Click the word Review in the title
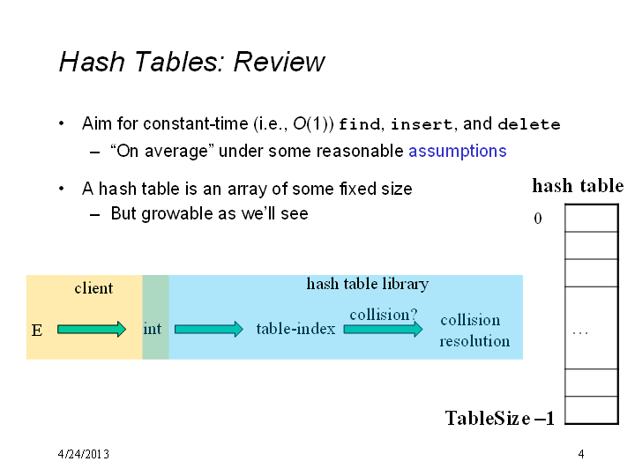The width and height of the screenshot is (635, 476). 279,62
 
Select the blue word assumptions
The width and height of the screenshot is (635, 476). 457,152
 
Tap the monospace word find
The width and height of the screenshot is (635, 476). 360,124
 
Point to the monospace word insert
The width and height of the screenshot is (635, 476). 422,124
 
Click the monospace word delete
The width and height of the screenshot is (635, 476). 529,124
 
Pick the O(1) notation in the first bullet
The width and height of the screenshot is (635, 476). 313,124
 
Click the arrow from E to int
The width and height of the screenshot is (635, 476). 92,330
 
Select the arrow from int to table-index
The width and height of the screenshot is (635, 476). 209,330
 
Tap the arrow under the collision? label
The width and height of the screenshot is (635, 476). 383,330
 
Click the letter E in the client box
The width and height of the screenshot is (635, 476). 37,331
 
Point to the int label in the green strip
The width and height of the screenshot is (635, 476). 153,328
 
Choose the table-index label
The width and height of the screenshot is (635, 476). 295,328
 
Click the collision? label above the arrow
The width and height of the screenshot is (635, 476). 383,315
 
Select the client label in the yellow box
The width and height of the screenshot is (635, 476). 93,288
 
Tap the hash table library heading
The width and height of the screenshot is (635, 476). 367,284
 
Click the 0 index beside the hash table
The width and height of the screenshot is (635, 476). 538,219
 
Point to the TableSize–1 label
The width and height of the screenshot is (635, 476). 500,418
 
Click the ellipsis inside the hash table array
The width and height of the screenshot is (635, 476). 580,333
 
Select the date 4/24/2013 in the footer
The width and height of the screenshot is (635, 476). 84,454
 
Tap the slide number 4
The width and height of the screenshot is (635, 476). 581,454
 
